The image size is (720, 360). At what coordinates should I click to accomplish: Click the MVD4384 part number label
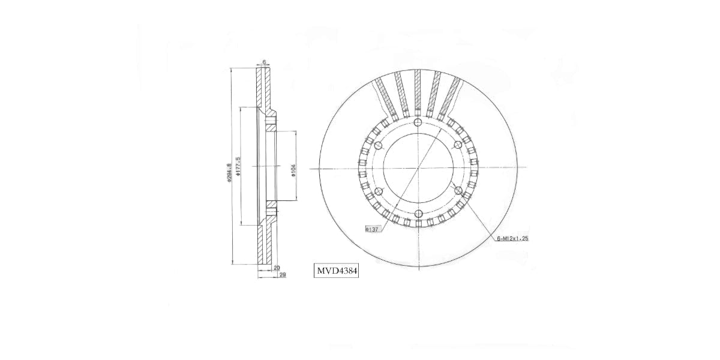coord(337,271)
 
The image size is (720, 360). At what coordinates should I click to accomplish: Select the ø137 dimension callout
coord(371,229)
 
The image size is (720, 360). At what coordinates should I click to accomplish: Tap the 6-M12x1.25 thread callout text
coord(512,238)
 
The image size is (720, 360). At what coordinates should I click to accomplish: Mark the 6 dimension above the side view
coord(264,62)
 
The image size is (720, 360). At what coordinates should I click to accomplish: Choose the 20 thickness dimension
coord(276,268)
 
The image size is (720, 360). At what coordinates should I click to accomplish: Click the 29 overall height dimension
coord(281,274)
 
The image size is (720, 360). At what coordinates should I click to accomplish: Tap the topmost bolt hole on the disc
coord(418,124)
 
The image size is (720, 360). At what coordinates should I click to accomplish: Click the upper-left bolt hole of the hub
coord(378,146)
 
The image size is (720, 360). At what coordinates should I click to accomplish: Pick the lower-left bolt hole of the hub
coord(378,191)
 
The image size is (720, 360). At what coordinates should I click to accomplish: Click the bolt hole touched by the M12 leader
coord(458,190)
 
